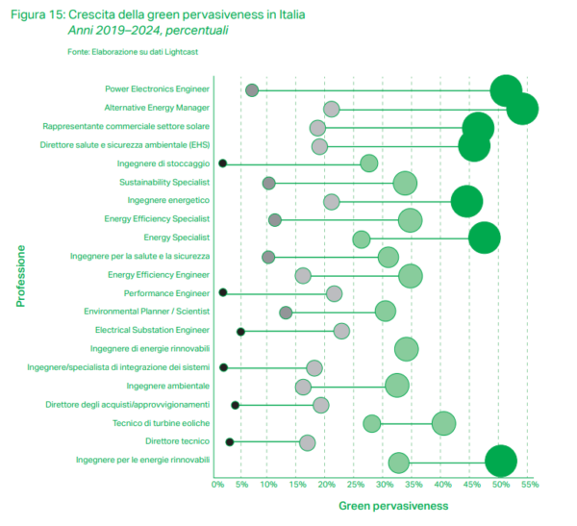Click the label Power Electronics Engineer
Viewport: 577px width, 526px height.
(x=157, y=89)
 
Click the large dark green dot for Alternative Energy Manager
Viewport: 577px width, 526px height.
(x=521, y=109)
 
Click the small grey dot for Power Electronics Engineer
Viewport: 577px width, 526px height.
(x=252, y=90)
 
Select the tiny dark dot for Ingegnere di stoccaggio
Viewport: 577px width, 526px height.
(x=222, y=163)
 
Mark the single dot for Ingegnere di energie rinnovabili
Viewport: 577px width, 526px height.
(x=406, y=349)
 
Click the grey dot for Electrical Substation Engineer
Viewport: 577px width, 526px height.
(x=341, y=331)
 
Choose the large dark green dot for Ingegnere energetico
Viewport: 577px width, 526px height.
(x=467, y=201)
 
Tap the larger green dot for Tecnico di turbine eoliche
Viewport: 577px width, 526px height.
(x=443, y=423)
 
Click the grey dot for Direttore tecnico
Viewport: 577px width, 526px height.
(x=308, y=442)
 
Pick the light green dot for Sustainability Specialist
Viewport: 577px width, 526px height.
(x=405, y=183)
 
